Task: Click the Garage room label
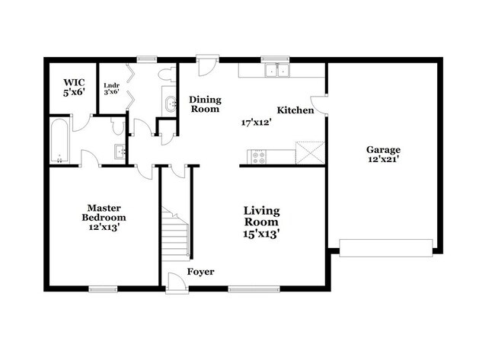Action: point(383,149)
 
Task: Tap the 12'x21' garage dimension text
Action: point(382,159)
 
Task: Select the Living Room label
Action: point(261,216)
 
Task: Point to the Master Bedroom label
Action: point(104,213)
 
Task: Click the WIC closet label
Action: point(74,83)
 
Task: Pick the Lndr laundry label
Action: point(112,85)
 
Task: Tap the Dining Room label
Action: point(205,104)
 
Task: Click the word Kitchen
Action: point(295,110)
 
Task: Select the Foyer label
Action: point(200,272)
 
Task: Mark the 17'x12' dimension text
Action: point(257,123)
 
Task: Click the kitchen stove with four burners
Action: point(259,157)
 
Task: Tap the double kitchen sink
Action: point(277,70)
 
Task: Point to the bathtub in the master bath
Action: point(59,140)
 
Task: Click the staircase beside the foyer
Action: point(175,234)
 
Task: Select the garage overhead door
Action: point(386,248)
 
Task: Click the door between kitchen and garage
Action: point(320,105)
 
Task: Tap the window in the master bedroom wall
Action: point(103,289)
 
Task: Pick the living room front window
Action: point(254,289)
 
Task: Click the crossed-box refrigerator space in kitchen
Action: point(310,153)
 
